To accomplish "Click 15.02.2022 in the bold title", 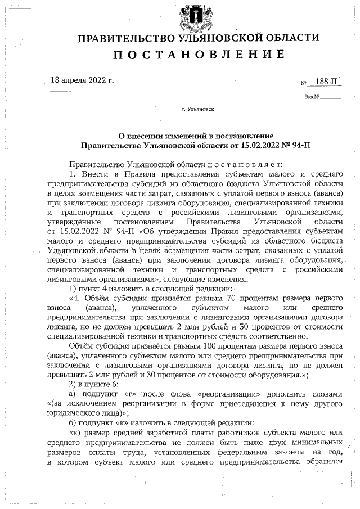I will pyautogui.click(x=257, y=145).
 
